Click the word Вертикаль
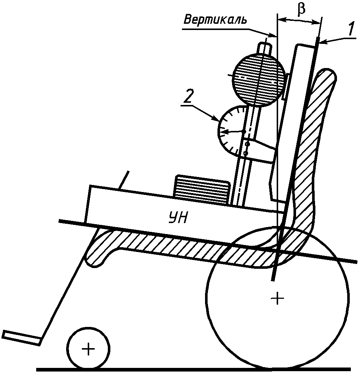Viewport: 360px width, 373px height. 215,20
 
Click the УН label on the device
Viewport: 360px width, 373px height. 179,218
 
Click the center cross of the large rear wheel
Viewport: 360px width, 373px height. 278,299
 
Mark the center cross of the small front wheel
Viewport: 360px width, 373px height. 88,349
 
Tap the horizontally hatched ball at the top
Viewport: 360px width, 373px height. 259,79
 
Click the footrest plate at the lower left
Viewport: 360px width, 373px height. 21,338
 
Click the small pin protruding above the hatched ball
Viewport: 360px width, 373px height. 265,48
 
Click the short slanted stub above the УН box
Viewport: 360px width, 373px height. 125,180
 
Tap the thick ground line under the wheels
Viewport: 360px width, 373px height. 194,370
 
